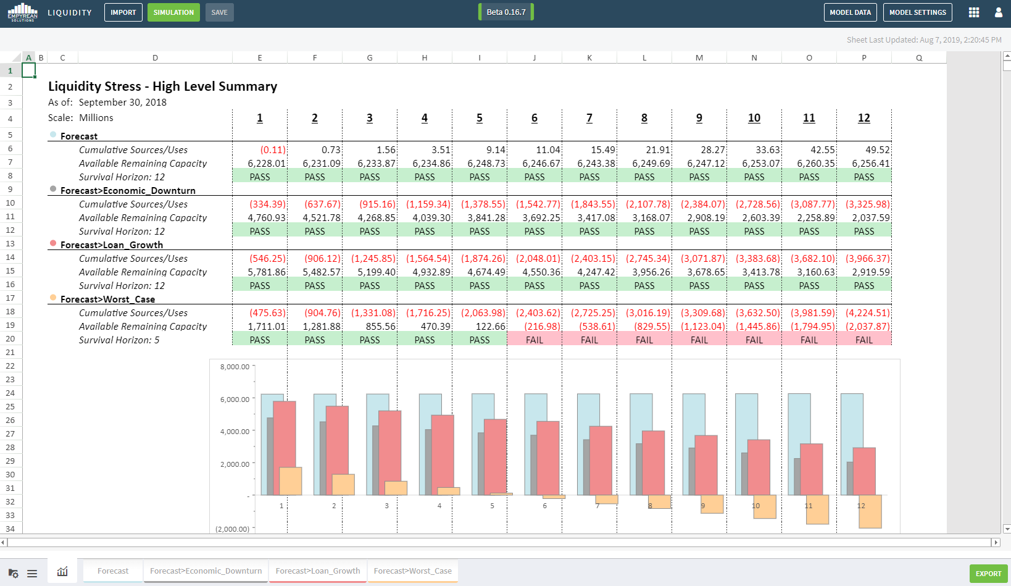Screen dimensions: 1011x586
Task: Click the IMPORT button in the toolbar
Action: [123, 12]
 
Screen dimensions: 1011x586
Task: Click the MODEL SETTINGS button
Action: [918, 12]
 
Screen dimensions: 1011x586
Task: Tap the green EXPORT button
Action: [988, 574]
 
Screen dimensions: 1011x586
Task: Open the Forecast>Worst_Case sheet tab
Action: [412, 571]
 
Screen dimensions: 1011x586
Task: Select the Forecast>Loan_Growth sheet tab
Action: [318, 571]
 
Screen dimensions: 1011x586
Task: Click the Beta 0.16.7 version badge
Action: [506, 12]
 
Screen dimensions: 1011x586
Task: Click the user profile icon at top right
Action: [999, 12]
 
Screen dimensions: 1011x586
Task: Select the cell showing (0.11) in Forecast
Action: [273, 150]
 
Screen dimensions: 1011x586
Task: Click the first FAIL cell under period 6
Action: [535, 340]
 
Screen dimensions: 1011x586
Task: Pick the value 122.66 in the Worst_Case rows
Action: [491, 327]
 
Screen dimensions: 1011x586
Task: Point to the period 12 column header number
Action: [864, 119]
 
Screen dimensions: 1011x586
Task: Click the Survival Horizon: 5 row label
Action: [119, 340]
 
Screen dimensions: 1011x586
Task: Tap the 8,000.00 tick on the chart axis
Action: [235, 367]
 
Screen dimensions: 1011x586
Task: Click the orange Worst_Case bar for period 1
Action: [290, 481]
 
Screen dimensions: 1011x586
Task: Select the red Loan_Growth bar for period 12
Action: [864, 471]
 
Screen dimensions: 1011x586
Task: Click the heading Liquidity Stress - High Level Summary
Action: [162, 86]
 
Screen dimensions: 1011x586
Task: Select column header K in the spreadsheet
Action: [589, 58]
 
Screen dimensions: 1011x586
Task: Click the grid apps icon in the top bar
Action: [974, 12]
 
